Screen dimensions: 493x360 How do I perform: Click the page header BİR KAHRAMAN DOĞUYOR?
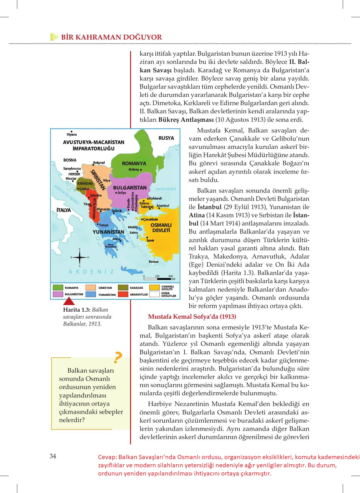[111, 37]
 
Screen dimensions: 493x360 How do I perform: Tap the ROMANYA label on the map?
[134, 163]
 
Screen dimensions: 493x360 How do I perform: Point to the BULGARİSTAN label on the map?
[130, 188]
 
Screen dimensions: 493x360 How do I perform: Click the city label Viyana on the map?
[72, 134]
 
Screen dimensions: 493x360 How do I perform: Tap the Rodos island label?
[154, 262]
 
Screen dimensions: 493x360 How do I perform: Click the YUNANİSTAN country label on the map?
[108, 232]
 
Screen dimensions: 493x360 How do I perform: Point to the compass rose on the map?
[79, 257]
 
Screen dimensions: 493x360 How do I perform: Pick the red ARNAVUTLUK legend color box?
[123, 294]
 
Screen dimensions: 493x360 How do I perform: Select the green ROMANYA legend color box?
[58, 288]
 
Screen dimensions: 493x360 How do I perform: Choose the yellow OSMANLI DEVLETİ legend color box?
[154, 288]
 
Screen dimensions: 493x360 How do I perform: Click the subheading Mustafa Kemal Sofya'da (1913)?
[192, 316]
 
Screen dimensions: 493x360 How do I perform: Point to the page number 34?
[53, 456]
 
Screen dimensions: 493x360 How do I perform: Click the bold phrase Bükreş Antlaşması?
[186, 120]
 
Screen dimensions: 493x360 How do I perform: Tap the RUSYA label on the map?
[166, 138]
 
